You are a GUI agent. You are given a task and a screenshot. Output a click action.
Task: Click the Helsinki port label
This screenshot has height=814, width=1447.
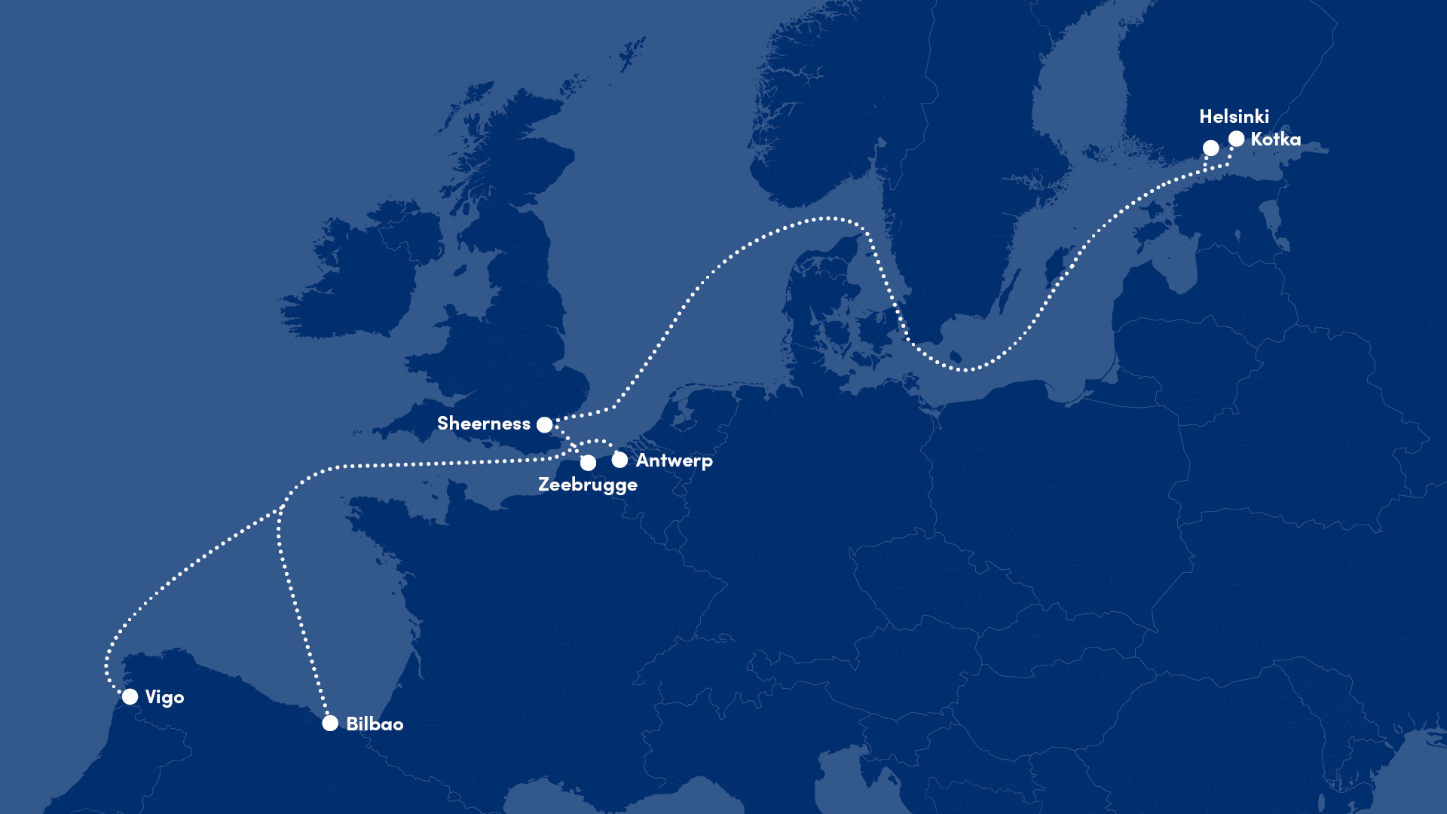(1234, 117)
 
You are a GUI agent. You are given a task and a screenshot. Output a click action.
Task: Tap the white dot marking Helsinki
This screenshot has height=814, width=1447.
(1210, 148)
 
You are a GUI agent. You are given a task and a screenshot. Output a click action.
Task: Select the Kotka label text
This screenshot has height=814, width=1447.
(1275, 139)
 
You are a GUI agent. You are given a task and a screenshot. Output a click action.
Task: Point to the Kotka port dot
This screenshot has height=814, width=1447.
(1236, 139)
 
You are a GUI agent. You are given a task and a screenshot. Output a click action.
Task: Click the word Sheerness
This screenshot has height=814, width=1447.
(483, 424)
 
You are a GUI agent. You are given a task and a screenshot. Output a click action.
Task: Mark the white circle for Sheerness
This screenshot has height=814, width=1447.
(544, 425)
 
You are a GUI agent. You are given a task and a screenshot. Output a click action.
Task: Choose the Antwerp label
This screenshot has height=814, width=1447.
(674, 461)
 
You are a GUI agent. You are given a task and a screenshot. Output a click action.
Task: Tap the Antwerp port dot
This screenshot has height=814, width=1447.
(619, 460)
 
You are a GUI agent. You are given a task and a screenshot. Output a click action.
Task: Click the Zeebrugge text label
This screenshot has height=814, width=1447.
(587, 485)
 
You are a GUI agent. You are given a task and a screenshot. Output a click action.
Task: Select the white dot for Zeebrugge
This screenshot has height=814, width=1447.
(588, 463)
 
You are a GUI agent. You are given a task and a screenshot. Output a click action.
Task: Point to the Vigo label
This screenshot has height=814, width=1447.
(164, 697)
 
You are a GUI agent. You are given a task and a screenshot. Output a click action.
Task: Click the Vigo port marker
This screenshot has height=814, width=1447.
(130, 696)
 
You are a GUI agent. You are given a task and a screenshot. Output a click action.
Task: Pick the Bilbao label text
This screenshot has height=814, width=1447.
(375, 724)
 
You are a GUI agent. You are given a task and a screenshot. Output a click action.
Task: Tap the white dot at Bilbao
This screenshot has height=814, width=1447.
(330, 724)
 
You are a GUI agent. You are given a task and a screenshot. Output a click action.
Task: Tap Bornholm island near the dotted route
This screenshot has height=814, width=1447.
(956, 356)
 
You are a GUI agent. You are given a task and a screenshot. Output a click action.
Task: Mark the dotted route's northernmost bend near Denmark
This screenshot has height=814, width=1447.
(828, 219)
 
